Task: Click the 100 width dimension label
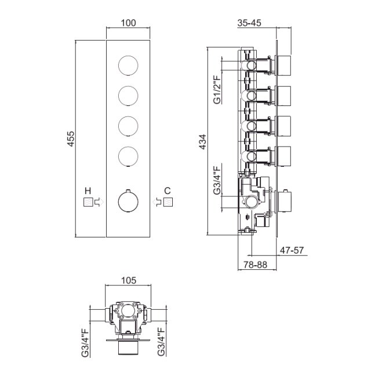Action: coord(128,23)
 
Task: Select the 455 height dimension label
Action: coord(71,139)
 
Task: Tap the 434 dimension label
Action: coord(202,142)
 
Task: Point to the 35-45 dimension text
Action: coord(249,23)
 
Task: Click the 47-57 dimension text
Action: coord(292,250)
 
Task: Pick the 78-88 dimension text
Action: coord(256,265)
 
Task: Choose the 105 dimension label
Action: coord(129,280)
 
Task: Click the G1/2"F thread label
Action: coord(217,90)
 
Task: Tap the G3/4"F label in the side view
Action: coord(217,180)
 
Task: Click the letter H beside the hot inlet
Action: coord(88,191)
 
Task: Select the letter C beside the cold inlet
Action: coord(168,191)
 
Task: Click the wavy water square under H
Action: coord(88,203)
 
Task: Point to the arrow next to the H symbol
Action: coord(99,202)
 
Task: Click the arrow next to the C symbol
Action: coord(157,202)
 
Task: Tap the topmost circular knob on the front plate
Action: coord(128,65)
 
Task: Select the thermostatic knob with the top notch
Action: coord(128,202)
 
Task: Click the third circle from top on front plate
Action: coord(128,126)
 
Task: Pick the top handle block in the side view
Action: coord(284,65)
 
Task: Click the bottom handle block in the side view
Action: coord(284,202)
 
